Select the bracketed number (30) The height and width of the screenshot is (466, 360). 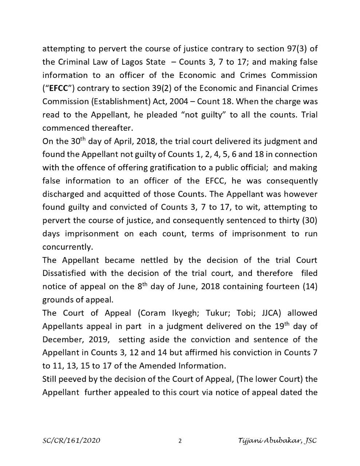click(308, 221)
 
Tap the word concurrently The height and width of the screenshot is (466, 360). click(68, 247)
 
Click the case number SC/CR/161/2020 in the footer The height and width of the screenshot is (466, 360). click(71, 441)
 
